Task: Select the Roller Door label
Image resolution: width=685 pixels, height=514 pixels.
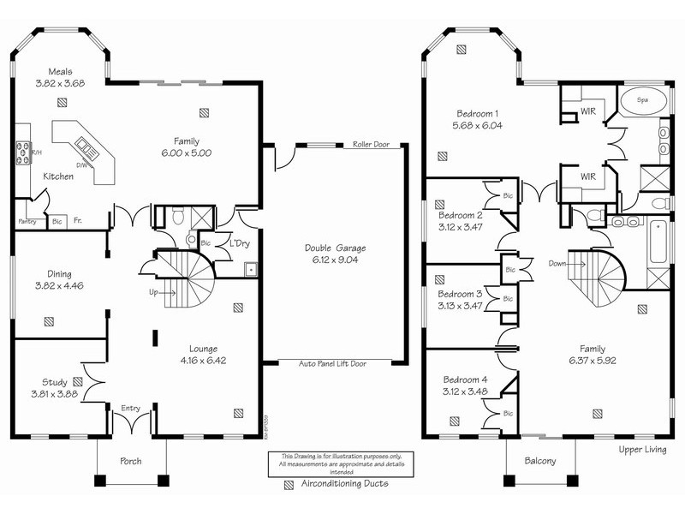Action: click(x=370, y=145)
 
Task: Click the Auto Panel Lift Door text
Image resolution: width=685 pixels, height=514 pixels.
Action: click(x=331, y=363)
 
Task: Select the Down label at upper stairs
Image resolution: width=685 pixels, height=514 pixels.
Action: click(x=557, y=264)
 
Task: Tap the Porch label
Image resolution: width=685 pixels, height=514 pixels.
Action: click(x=129, y=461)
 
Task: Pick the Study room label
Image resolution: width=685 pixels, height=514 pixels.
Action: click(x=56, y=382)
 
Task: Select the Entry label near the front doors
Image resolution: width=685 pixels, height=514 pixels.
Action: click(x=131, y=409)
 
